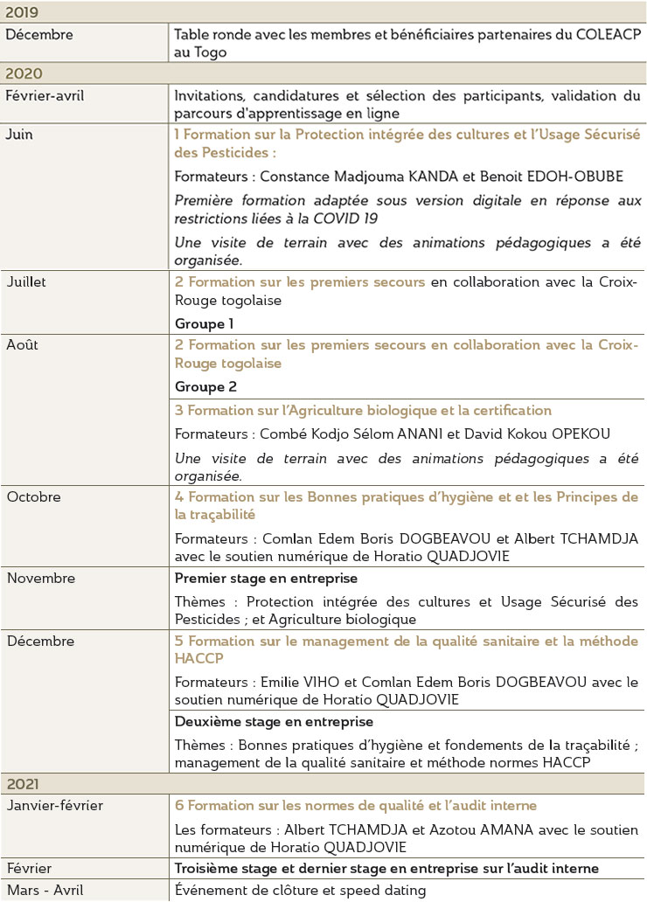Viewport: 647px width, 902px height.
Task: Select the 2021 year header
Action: pos(24,784)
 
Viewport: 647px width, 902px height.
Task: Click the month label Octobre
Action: pos(33,497)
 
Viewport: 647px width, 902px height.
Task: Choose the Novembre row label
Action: pos(41,579)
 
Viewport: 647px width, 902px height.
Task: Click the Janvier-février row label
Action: pos(55,805)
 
